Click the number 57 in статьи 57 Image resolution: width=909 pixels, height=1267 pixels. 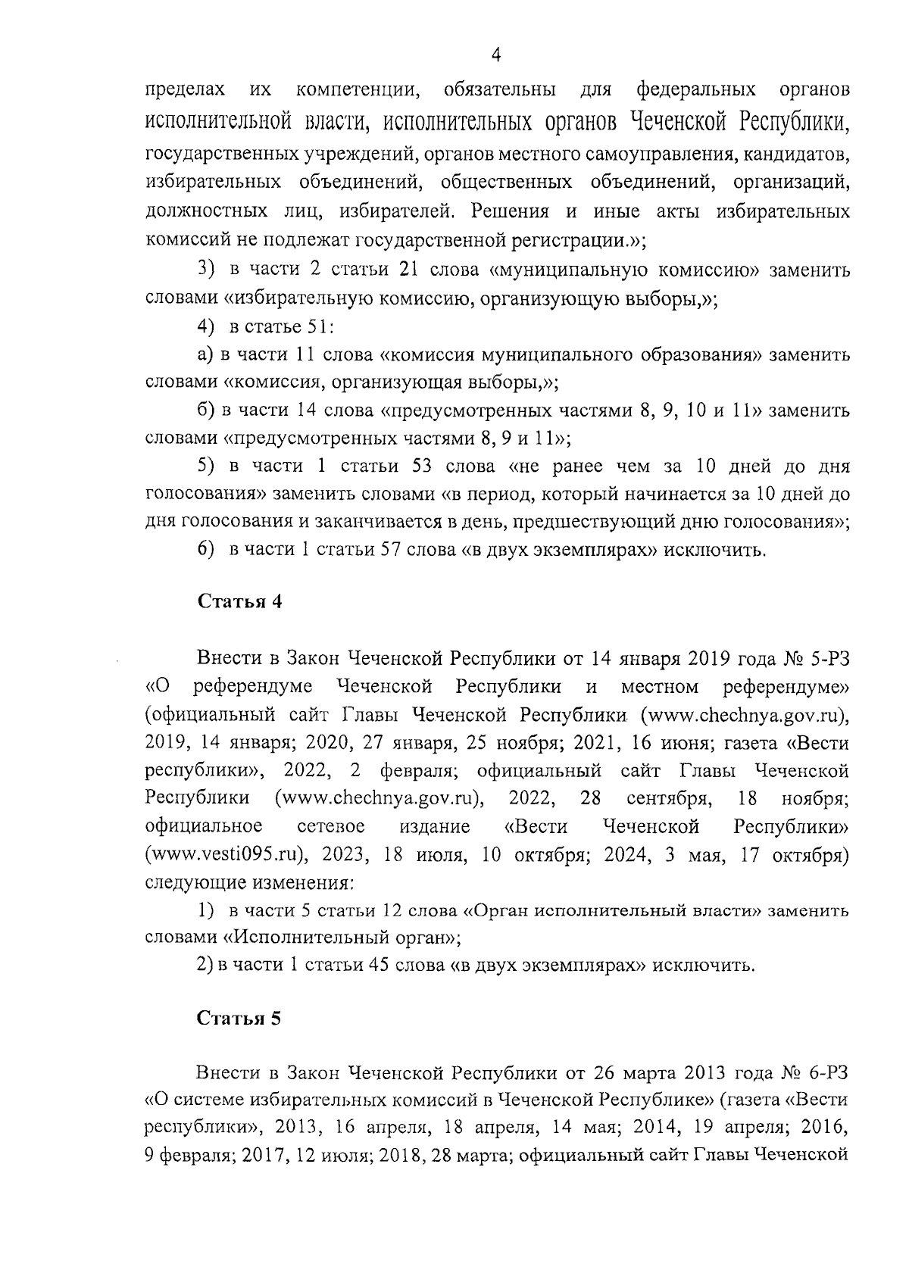pyautogui.click(x=389, y=549)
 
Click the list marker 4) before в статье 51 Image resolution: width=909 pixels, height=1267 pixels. pyautogui.click(x=205, y=326)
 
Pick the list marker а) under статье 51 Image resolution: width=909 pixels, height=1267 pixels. pyautogui.click(x=203, y=354)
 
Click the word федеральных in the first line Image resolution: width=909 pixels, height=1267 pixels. pyautogui.click(x=695, y=90)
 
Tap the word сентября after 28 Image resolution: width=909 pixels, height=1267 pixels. pyautogui.click(x=669, y=798)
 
